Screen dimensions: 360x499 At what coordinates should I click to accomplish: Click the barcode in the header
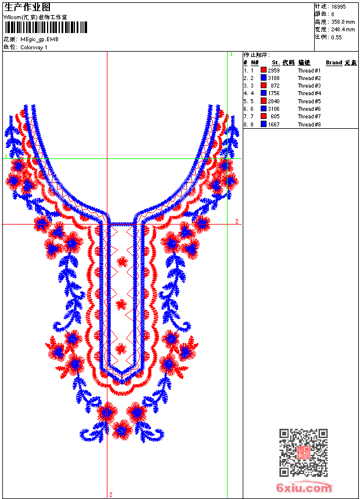pyautogui.click(x=45, y=27)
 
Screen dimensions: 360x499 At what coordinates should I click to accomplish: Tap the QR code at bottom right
pyautogui.click(x=303, y=453)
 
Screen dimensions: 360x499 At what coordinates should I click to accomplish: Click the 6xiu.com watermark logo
pyautogui.click(x=304, y=487)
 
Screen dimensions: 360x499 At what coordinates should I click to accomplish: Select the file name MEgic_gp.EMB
pyautogui.click(x=39, y=39)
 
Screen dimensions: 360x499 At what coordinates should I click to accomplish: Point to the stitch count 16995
pyautogui.click(x=339, y=7)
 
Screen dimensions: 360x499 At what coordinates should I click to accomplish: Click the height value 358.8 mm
pyautogui.click(x=343, y=22)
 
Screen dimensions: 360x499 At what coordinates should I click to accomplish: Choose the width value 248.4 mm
pyautogui.click(x=343, y=30)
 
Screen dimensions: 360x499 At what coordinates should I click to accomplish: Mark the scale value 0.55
pyautogui.click(x=336, y=37)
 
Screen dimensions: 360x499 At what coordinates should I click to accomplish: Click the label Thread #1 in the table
pyautogui.click(x=309, y=71)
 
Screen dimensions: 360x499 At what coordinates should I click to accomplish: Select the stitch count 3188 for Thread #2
pyautogui.click(x=273, y=78)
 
